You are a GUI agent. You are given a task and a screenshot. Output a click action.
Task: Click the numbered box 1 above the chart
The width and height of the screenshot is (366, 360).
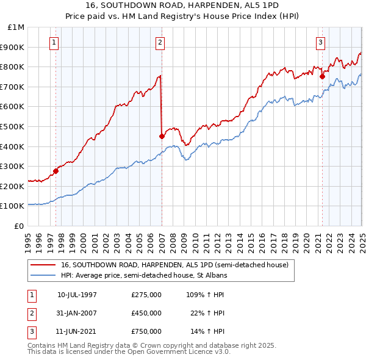55,43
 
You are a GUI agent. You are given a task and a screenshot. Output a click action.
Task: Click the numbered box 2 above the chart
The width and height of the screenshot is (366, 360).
160,43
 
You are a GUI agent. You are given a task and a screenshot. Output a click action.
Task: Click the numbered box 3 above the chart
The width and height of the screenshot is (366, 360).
320,43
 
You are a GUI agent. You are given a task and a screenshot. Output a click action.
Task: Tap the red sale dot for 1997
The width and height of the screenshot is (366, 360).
56,171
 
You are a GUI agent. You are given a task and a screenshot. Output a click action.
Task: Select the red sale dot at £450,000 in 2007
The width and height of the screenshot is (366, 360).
162,136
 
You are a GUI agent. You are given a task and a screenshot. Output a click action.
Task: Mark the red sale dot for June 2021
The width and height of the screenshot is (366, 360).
322,76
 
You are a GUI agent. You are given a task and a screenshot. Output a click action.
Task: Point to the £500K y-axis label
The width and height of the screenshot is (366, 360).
13,126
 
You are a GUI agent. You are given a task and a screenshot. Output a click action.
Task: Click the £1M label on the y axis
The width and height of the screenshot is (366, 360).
16,27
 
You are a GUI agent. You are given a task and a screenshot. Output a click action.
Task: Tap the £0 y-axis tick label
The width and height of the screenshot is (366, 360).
20,226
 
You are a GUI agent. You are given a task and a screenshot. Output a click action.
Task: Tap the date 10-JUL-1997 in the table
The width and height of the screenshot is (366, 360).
77,295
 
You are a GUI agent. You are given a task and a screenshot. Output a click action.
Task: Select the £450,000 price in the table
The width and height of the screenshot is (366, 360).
146,313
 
